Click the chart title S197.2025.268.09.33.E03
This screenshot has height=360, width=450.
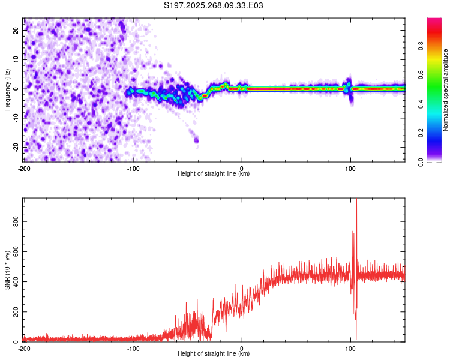214,5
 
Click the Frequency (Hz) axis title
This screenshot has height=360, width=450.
7,89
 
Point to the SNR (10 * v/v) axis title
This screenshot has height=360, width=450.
7,269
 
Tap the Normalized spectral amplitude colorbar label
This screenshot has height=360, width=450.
446,91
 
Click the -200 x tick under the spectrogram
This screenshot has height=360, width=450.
24,169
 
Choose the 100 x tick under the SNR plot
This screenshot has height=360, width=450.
351,349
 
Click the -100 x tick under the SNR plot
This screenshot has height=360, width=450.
133,349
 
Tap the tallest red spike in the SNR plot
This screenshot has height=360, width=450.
356,201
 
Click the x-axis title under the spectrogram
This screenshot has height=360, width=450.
214,175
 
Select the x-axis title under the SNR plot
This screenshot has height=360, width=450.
214,354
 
